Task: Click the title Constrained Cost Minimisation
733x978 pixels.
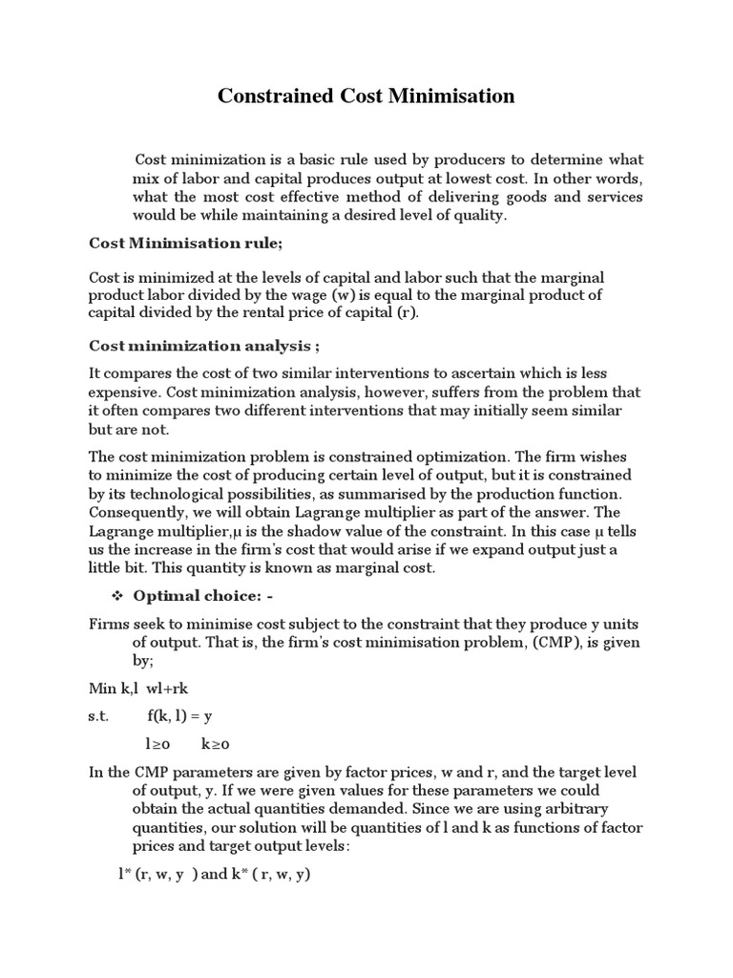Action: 366,96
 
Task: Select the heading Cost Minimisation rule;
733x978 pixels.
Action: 185,244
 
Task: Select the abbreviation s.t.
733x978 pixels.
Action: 99,715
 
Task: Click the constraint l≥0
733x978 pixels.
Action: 157,743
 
